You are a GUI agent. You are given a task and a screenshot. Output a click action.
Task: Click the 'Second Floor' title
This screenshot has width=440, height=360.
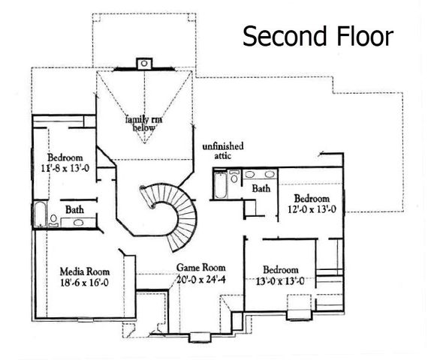(316, 35)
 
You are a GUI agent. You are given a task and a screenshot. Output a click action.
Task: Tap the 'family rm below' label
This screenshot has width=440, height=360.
(145, 123)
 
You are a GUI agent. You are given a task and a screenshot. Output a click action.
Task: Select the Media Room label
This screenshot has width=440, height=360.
(85, 271)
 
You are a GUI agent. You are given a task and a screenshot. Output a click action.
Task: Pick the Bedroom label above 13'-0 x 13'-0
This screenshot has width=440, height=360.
(282, 270)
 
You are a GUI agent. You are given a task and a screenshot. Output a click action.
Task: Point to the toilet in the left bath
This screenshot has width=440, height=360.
(54, 220)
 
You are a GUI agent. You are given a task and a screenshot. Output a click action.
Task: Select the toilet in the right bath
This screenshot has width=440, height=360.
(234, 178)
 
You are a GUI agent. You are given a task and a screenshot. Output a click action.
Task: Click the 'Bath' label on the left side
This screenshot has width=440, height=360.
(74, 209)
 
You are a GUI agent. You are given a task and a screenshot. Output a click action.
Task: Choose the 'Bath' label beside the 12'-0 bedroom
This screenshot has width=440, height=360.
(261, 189)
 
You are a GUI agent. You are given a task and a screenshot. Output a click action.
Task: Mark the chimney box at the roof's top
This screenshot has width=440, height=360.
(143, 63)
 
